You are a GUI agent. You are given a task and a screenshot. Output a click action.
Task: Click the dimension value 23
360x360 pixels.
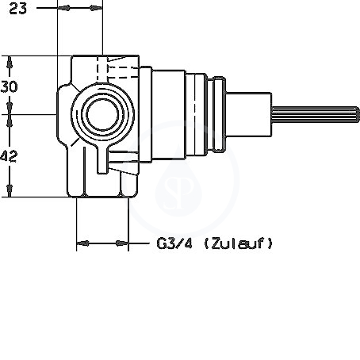point(18,9)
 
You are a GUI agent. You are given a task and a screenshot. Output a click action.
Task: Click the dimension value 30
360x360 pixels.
point(10,86)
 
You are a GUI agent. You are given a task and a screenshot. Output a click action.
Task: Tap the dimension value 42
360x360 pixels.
point(9,156)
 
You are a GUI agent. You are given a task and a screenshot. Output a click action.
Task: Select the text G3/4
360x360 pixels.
point(174,243)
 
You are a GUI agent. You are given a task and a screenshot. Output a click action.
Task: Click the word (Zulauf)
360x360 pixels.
point(238,243)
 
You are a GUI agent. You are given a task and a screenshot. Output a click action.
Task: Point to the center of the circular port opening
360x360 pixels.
point(102,115)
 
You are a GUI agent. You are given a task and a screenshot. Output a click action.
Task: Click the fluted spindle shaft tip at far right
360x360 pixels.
point(357,115)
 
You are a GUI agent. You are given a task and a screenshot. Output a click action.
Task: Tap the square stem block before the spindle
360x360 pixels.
point(249,114)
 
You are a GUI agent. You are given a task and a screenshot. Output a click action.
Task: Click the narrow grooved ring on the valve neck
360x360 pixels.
point(219,114)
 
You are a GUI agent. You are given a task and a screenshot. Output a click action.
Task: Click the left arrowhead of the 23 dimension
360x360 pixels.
point(63,8)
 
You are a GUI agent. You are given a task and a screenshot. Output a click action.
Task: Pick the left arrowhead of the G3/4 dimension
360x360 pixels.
point(82,243)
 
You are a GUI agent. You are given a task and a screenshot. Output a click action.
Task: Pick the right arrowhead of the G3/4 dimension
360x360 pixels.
point(122,243)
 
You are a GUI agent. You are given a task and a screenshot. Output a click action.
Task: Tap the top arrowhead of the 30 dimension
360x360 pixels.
point(10,63)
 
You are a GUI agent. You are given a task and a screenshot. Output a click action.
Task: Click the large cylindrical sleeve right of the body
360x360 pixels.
point(169,115)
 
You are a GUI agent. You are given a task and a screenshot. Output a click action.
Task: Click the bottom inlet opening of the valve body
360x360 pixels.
point(102,197)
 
